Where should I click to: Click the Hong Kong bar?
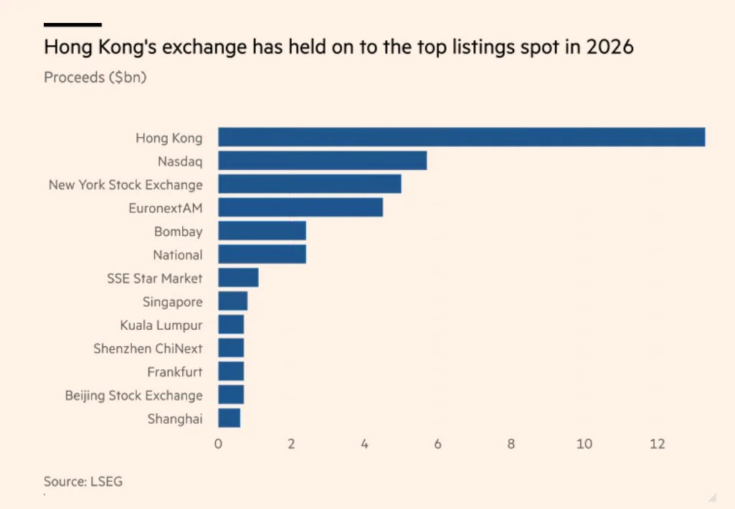click(461, 138)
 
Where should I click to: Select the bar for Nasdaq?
click(322, 161)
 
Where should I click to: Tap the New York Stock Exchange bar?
click(309, 184)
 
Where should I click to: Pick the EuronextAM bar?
click(300, 208)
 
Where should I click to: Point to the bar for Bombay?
click(262, 231)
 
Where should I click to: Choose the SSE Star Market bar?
click(238, 278)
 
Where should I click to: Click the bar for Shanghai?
click(229, 419)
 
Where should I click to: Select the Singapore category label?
click(172, 302)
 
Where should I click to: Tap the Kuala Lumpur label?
click(161, 325)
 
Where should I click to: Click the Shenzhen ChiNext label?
click(148, 348)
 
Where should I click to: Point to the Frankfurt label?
click(175, 372)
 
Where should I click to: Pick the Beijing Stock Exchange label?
click(133, 395)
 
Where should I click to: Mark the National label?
click(178, 255)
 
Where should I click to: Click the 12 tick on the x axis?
click(658, 444)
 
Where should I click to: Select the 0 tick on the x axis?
click(218, 444)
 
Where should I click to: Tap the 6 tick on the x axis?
click(437, 444)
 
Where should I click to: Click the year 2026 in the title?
click(610, 48)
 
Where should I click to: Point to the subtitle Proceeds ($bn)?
click(95, 77)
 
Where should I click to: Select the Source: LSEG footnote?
click(83, 482)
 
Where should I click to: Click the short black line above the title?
click(72, 24)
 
